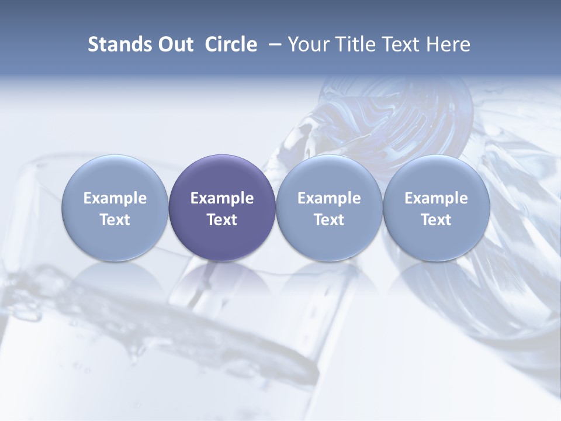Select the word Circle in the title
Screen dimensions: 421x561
click(231, 44)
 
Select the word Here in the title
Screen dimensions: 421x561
click(448, 44)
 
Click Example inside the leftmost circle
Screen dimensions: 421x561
click(115, 198)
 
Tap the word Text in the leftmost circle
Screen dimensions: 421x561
click(115, 220)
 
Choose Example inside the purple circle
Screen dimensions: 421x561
click(222, 198)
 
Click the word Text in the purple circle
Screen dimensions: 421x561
click(222, 220)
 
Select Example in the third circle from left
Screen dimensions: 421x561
click(329, 198)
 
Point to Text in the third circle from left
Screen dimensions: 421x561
click(329, 220)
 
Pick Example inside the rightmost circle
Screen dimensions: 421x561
click(436, 198)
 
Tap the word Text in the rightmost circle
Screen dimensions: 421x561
click(436, 220)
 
